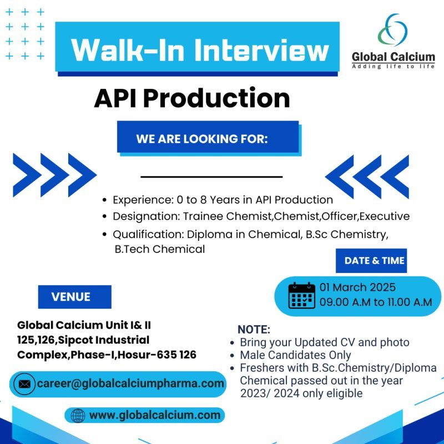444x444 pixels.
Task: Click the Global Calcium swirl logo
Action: (393, 30)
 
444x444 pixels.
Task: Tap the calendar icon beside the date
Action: (301, 295)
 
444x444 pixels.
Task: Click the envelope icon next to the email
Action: (24, 384)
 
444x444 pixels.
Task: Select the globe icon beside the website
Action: (78, 416)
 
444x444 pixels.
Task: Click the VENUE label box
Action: (75, 297)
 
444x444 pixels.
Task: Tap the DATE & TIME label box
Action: (371, 260)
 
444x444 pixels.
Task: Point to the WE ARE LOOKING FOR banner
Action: (208, 138)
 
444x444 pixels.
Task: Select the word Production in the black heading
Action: (216, 98)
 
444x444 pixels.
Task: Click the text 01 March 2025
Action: (357, 287)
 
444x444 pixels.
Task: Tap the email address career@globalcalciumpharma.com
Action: (130, 384)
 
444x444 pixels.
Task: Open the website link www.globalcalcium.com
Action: (155, 415)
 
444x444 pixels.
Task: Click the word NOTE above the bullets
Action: (254, 329)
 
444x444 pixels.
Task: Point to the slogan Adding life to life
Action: (393, 66)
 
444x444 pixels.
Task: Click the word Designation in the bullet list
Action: (147, 216)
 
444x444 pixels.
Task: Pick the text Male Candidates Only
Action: (295, 355)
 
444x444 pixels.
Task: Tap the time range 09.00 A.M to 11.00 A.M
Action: (376, 302)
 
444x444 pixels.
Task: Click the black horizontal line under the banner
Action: (211, 176)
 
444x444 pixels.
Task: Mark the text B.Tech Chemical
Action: (160, 249)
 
